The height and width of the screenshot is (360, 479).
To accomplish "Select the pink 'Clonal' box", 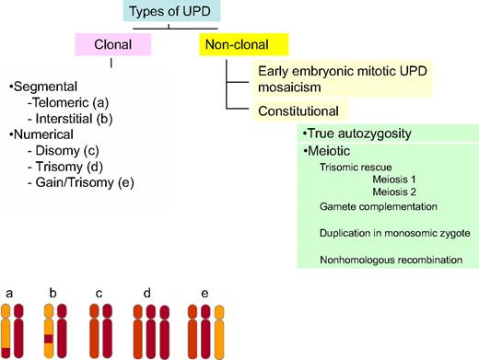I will tap(111, 43).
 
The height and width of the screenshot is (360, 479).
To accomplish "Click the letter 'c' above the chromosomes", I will tap(98, 295).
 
